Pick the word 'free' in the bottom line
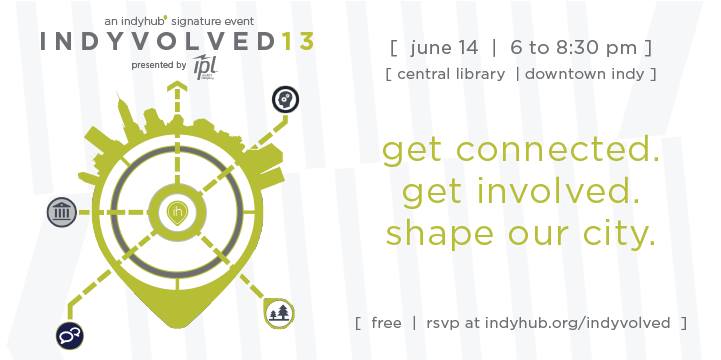point(386,323)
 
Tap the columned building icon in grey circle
point(63,211)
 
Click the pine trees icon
point(281,313)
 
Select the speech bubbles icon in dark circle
point(69,336)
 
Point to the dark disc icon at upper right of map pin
point(285,99)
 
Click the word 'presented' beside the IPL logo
point(144,65)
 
